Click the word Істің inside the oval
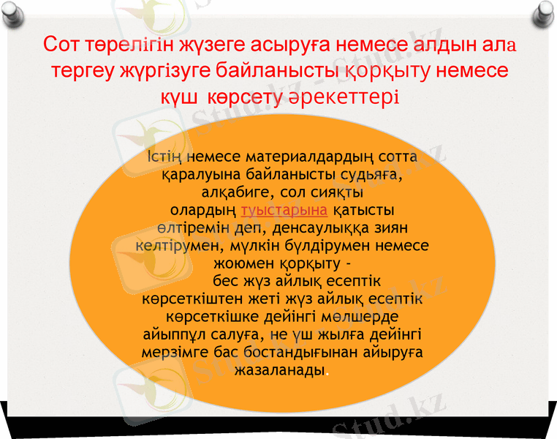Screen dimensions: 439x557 [x=164, y=157]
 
